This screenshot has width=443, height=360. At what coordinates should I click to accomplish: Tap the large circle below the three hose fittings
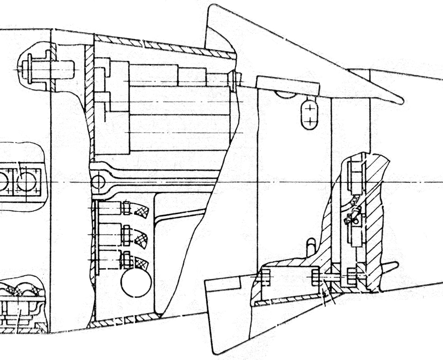click(x=136, y=283)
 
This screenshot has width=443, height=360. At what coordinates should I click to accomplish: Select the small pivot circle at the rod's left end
click(x=98, y=181)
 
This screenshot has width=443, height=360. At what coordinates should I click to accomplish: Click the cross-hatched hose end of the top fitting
click(x=141, y=211)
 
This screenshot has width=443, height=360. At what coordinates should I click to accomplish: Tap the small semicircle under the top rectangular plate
click(x=286, y=95)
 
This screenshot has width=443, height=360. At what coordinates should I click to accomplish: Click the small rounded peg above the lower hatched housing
click(x=311, y=246)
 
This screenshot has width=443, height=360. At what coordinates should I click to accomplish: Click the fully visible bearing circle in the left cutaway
click(x=27, y=181)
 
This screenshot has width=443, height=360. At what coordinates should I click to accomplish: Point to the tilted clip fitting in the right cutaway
click(x=353, y=216)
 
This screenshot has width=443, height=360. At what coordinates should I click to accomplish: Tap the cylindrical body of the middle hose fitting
click(x=110, y=235)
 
